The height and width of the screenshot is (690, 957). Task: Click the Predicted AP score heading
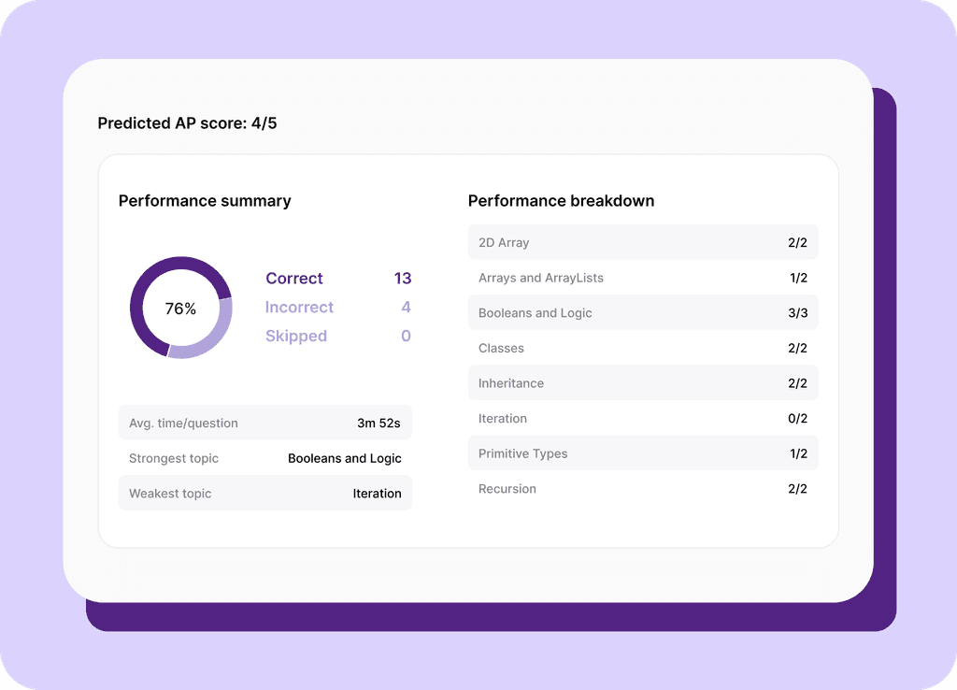(187, 123)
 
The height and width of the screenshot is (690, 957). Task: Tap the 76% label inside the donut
(180, 309)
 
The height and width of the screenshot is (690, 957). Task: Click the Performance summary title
(205, 201)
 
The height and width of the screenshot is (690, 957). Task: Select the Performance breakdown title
(561, 201)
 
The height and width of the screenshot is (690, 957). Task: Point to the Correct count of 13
(402, 279)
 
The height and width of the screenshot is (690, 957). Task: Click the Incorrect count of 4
(406, 308)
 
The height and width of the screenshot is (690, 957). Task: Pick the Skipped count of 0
(406, 337)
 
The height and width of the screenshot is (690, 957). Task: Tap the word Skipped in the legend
(295, 337)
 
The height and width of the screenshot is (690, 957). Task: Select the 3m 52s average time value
(379, 424)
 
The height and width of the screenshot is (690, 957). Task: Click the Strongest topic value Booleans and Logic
(344, 459)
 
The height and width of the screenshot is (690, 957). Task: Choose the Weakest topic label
(170, 494)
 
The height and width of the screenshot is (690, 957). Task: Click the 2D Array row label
(504, 243)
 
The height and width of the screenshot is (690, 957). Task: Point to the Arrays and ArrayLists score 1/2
(797, 279)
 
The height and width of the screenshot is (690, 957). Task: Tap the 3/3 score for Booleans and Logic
(797, 313)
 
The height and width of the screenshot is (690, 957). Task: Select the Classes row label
(501, 349)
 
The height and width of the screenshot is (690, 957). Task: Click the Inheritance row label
(510, 383)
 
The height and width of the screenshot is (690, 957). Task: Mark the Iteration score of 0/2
(797, 419)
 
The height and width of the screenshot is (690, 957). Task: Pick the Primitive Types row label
(522, 454)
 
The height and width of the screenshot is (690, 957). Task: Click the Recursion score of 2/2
(797, 489)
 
